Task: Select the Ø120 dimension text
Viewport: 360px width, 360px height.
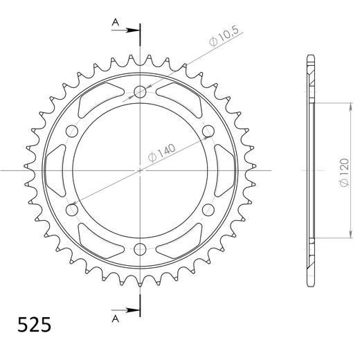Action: pos(344,172)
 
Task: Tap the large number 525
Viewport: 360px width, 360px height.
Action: pos(34,325)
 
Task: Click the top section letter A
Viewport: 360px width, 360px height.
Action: pos(116,22)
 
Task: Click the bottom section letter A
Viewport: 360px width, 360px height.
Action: pos(116,319)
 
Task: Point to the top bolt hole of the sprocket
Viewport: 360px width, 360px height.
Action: pos(140,91)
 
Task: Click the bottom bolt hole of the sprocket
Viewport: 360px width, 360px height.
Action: pos(140,249)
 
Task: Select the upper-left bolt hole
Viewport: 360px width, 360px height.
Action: pos(72,131)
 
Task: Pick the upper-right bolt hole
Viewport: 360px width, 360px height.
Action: pos(208,131)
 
